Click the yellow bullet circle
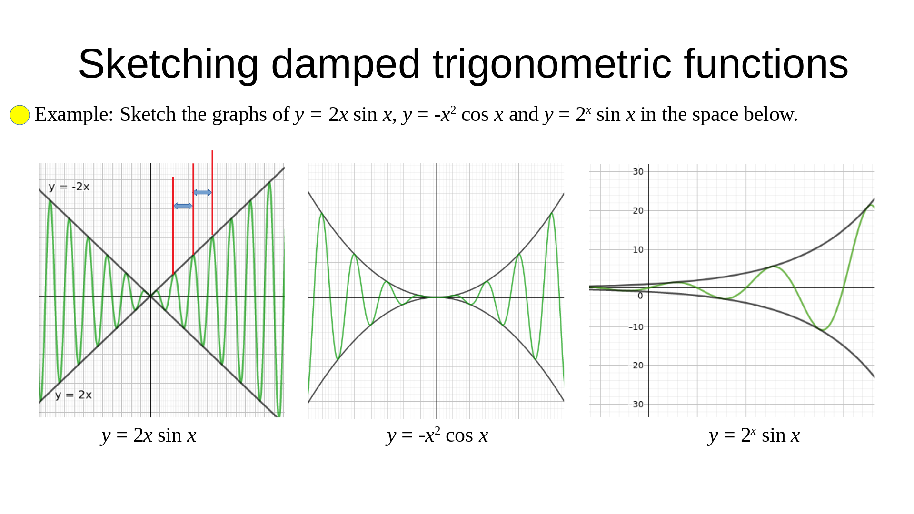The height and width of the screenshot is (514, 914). click(20, 115)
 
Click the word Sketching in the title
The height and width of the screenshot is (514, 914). click(169, 64)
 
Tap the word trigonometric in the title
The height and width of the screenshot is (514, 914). click(552, 64)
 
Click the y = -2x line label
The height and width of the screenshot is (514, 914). click(69, 187)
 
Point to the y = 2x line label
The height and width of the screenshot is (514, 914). click(73, 395)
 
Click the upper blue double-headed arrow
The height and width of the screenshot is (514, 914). click(203, 192)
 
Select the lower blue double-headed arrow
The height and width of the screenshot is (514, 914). click(183, 206)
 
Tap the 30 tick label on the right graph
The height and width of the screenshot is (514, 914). click(638, 172)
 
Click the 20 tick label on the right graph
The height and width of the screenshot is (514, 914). click(638, 211)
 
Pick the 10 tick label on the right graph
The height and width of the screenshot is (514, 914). click(638, 250)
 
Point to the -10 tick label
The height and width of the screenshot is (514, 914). click(636, 327)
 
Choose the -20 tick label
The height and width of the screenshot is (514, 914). click(636, 366)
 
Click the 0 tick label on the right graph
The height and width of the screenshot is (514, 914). click(640, 296)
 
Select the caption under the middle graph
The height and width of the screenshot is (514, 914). click(437, 435)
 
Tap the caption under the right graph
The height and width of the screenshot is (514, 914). click(754, 435)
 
